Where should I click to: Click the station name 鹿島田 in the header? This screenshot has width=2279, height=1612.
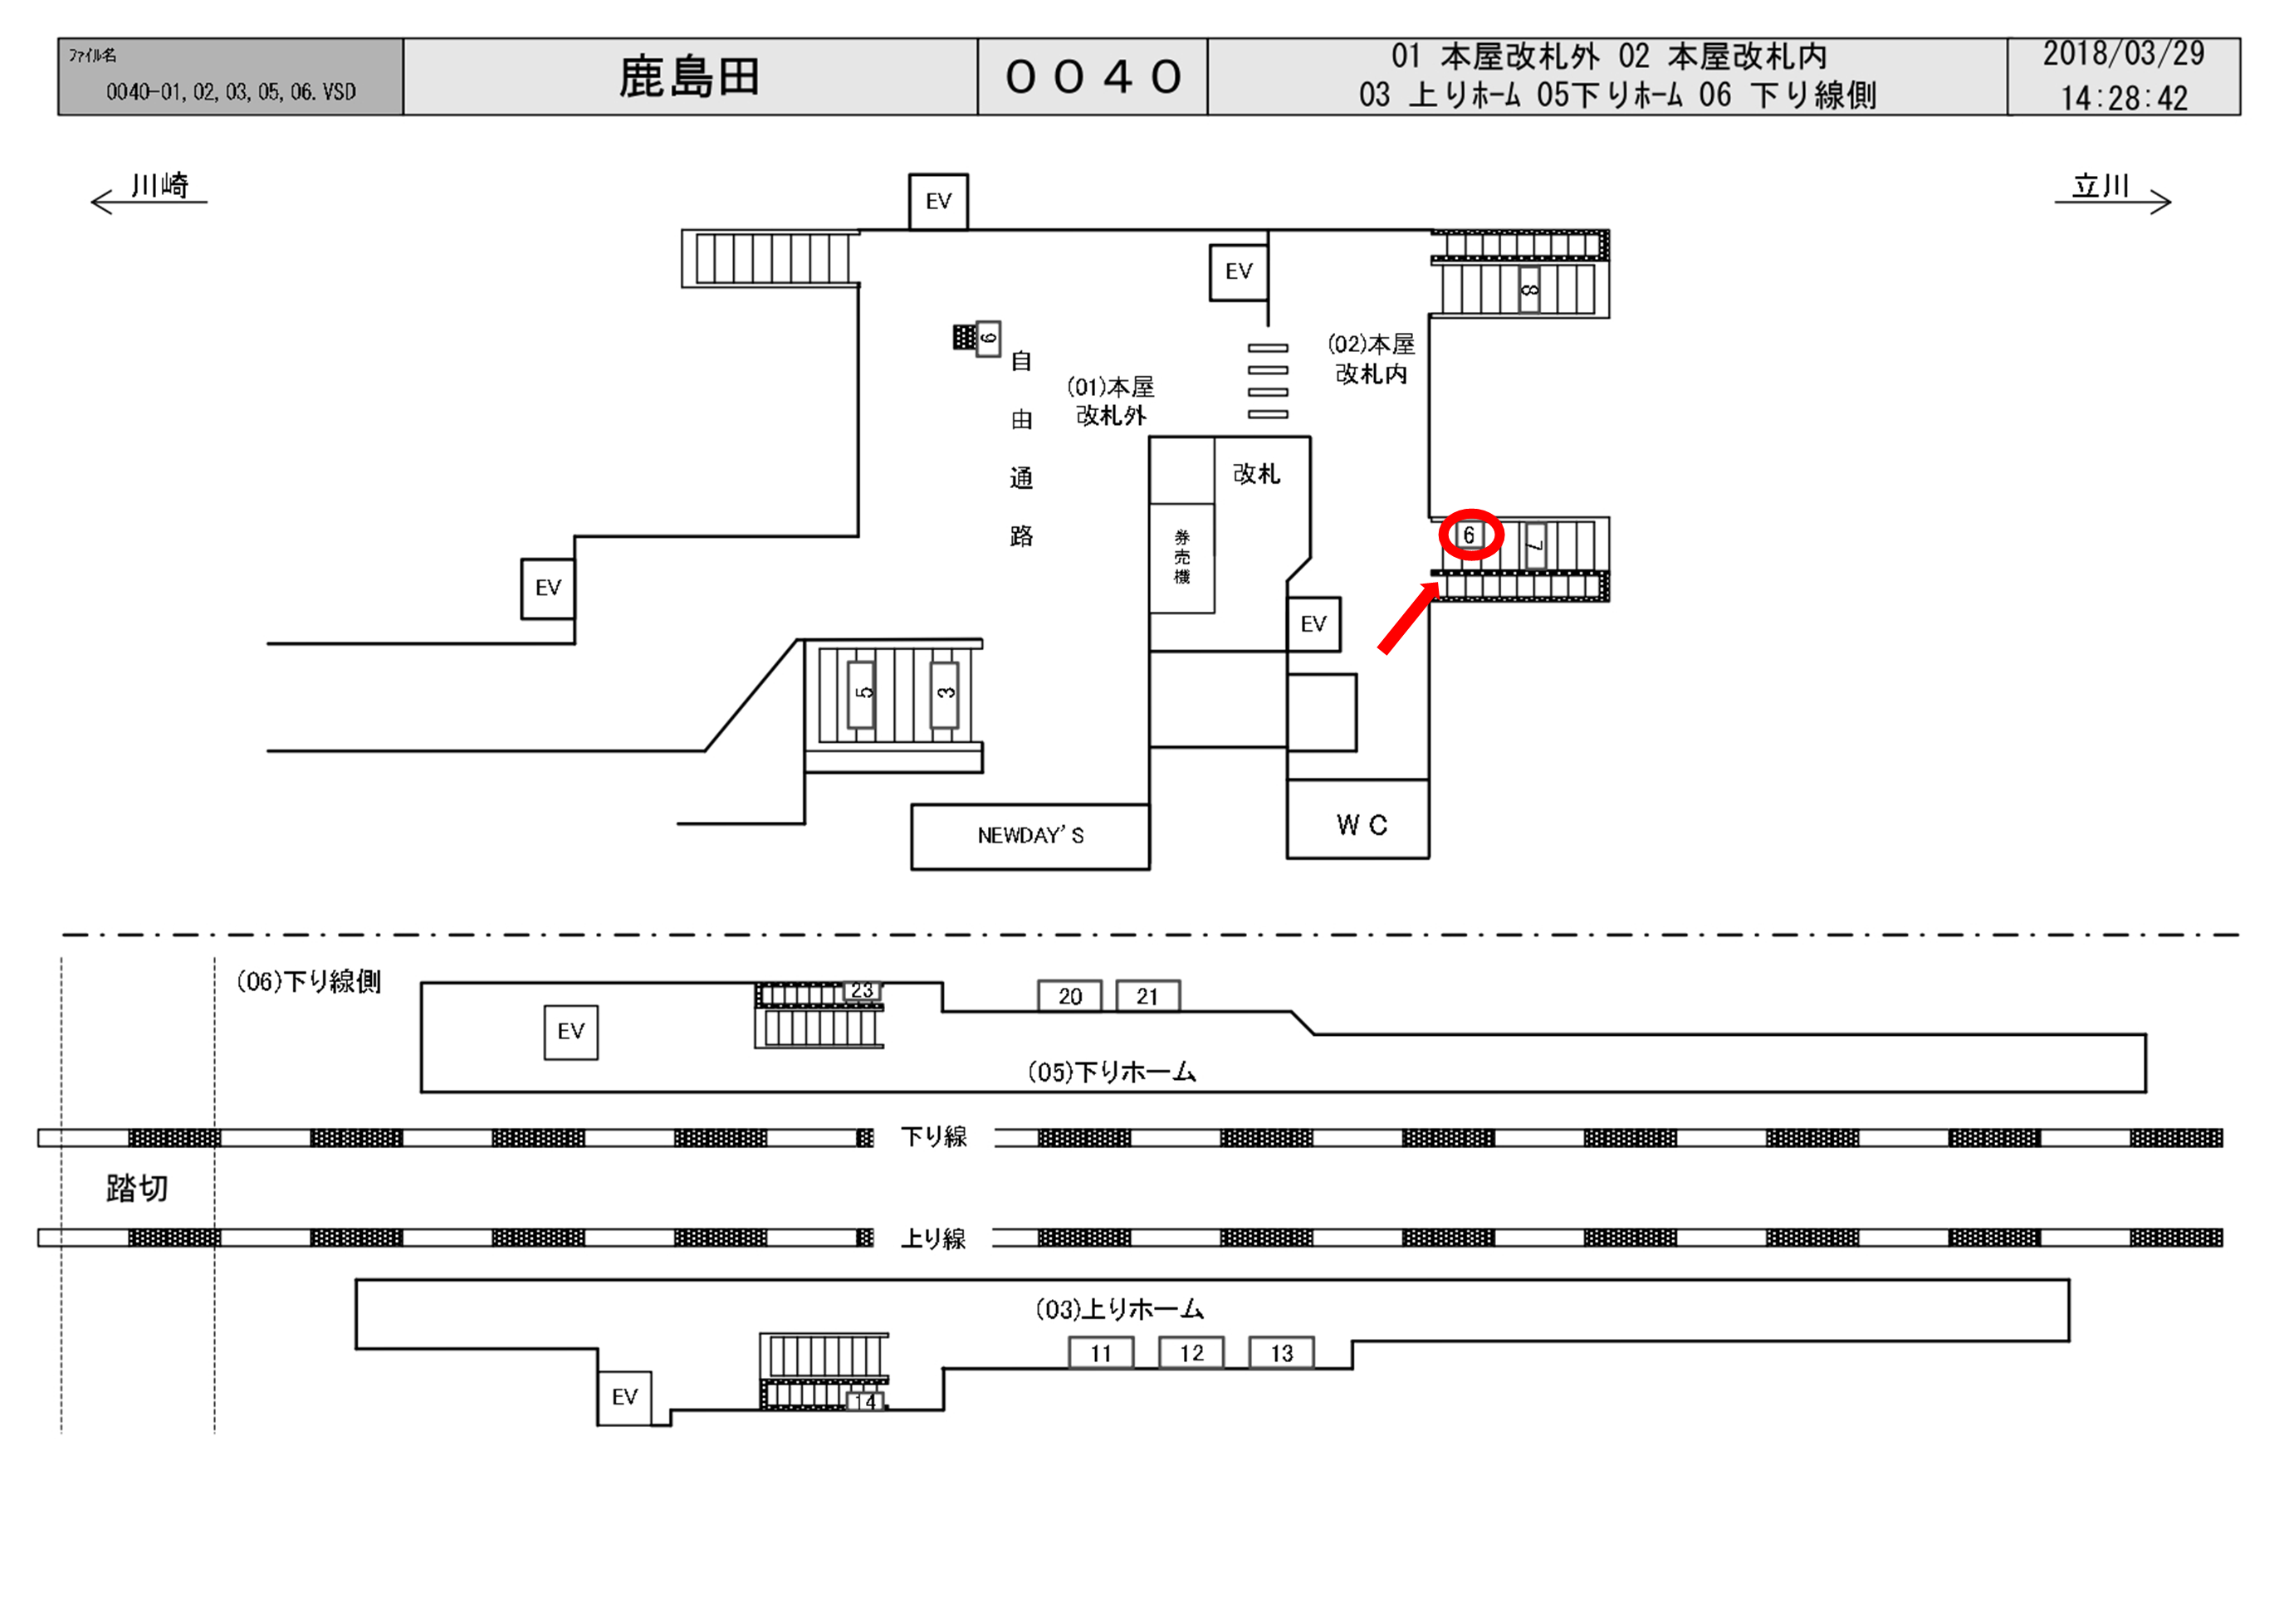pyautogui.click(x=689, y=77)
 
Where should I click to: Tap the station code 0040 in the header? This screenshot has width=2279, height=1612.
pyautogui.click(x=1092, y=77)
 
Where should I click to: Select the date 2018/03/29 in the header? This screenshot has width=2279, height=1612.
pyautogui.click(x=2123, y=55)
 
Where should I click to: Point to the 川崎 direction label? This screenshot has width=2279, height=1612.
pyautogui.click(x=159, y=186)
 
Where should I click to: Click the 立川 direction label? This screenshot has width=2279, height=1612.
pyautogui.click(x=2100, y=186)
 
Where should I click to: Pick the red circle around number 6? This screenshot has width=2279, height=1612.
pyautogui.click(x=1471, y=535)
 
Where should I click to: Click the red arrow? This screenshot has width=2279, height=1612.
pyautogui.click(x=1407, y=618)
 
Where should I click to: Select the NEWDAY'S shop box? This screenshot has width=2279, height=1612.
pyautogui.click(x=1029, y=836)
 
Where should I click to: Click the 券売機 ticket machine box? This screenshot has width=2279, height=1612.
pyautogui.click(x=1181, y=557)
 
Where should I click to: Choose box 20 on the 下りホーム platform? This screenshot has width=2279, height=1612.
pyautogui.click(x=1069, y=995)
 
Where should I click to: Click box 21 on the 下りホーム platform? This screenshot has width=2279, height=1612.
pyautogui.click(x=1147, y=995)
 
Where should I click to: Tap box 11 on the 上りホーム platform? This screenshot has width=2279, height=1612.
pyautogui.click(x=1100, y=1353)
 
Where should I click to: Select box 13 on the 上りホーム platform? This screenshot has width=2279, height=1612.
pyautogui.click(x=1280, y=1353)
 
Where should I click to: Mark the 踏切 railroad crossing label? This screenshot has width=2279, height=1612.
pyautogui.click(x=137, y=1188)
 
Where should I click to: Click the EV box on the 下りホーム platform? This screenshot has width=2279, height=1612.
pyautogui.click(x=570, y=1031)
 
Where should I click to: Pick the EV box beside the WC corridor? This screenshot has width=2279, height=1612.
pyautogui.click(x=1313, y=623)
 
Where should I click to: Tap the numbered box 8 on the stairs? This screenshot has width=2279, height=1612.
pyautogui.click(x=1528, y=289)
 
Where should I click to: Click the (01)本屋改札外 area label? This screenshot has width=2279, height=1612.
pyautogui.click(x=1111, y=401)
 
